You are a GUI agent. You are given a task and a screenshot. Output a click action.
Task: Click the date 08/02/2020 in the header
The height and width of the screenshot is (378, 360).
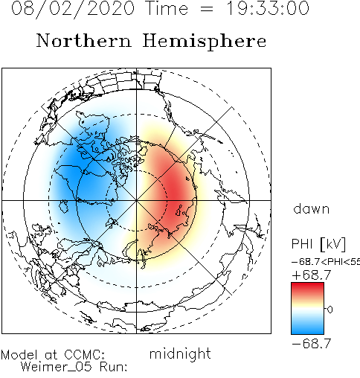point(73,9)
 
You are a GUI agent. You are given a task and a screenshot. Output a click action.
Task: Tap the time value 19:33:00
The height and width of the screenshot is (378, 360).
point(268,8)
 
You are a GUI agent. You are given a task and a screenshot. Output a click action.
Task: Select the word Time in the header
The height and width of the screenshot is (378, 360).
point(167,8)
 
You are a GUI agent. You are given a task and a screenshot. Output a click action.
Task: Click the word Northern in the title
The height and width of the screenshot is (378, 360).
point(84,40)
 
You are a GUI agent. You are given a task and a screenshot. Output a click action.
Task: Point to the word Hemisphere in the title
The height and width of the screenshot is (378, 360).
point(205,42)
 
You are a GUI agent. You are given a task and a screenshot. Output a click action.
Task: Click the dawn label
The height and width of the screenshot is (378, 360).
point(312,209)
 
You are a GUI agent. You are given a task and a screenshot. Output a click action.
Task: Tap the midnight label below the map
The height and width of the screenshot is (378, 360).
point(180,353)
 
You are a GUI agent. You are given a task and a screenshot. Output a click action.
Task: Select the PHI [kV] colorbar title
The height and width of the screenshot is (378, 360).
point(318,244)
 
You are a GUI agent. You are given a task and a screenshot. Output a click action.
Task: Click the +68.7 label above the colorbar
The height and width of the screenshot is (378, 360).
point(312,275)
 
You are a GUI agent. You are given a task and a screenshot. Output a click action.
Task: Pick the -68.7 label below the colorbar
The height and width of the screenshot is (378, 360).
point(312,344)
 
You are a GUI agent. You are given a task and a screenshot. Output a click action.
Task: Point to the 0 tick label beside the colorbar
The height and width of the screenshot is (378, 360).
point(330,310)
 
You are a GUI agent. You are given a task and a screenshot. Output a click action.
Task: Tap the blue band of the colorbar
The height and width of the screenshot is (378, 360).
point(307,327)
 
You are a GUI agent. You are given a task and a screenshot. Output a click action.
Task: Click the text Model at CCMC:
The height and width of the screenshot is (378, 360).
point(53,355)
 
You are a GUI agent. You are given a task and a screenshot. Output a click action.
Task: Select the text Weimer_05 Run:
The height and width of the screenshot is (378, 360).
point(74,367)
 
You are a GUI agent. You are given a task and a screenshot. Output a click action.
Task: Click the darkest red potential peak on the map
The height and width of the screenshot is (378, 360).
point(176,191)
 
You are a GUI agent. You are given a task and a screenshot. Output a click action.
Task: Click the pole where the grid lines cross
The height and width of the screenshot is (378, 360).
point(136,200)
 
